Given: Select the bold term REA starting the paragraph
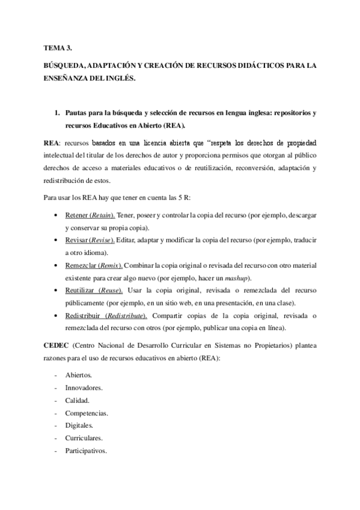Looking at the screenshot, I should [50, 144].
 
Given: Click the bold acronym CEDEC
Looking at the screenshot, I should [56, 347].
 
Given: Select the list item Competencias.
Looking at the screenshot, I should [86, 413].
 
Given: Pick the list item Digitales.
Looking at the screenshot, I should [79, 426].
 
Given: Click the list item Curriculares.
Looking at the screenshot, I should [84, 438].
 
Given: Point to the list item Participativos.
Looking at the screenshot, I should [86, 450].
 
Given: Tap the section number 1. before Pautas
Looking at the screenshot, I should [56, 112].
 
